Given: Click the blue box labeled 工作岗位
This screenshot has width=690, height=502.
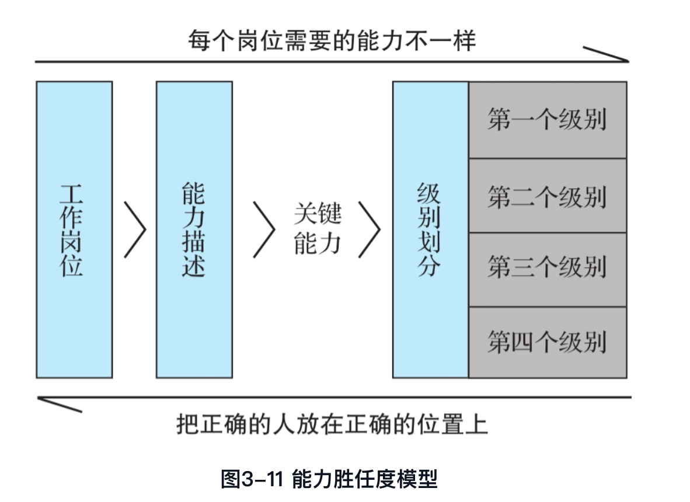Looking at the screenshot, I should (74, 229).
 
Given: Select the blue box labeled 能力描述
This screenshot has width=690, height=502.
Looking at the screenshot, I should (194, 229).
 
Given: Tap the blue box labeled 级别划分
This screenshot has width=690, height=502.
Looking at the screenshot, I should (430, 229).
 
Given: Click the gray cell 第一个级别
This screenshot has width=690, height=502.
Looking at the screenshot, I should (547, 120).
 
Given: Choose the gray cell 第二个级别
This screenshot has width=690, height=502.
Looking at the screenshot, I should (547, 196).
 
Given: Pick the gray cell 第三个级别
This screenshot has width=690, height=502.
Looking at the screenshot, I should (547, 269).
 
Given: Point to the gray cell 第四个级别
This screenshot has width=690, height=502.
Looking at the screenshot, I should (547, 342).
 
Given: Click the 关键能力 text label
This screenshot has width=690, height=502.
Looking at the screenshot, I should (317, 229).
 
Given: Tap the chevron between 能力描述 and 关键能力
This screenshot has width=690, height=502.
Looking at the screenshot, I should (264, 229).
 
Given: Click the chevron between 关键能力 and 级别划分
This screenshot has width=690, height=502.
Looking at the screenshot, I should (369, 229).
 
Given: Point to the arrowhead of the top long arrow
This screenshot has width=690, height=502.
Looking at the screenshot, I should (619, 57).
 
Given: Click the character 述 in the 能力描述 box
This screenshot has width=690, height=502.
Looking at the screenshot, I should (193, 265).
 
